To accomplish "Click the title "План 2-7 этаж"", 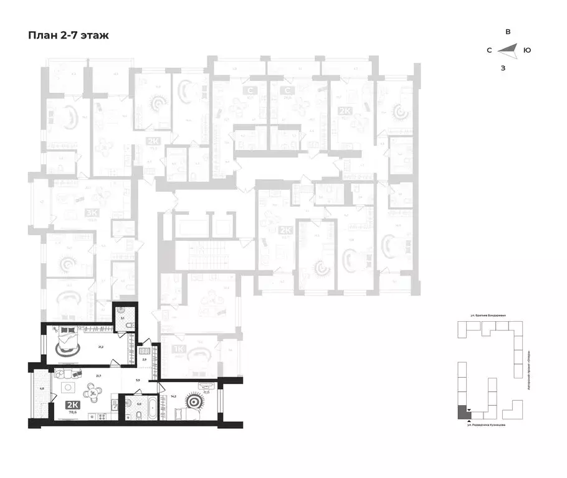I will (69, 35).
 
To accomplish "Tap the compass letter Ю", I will (527, 50).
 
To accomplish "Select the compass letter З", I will (503, 68).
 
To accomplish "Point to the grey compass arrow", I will (507, 50).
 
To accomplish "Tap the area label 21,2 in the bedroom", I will (100, 347).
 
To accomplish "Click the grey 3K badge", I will (90, 213).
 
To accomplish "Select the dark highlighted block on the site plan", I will (462, 412).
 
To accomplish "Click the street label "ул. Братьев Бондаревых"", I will (488, 316).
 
